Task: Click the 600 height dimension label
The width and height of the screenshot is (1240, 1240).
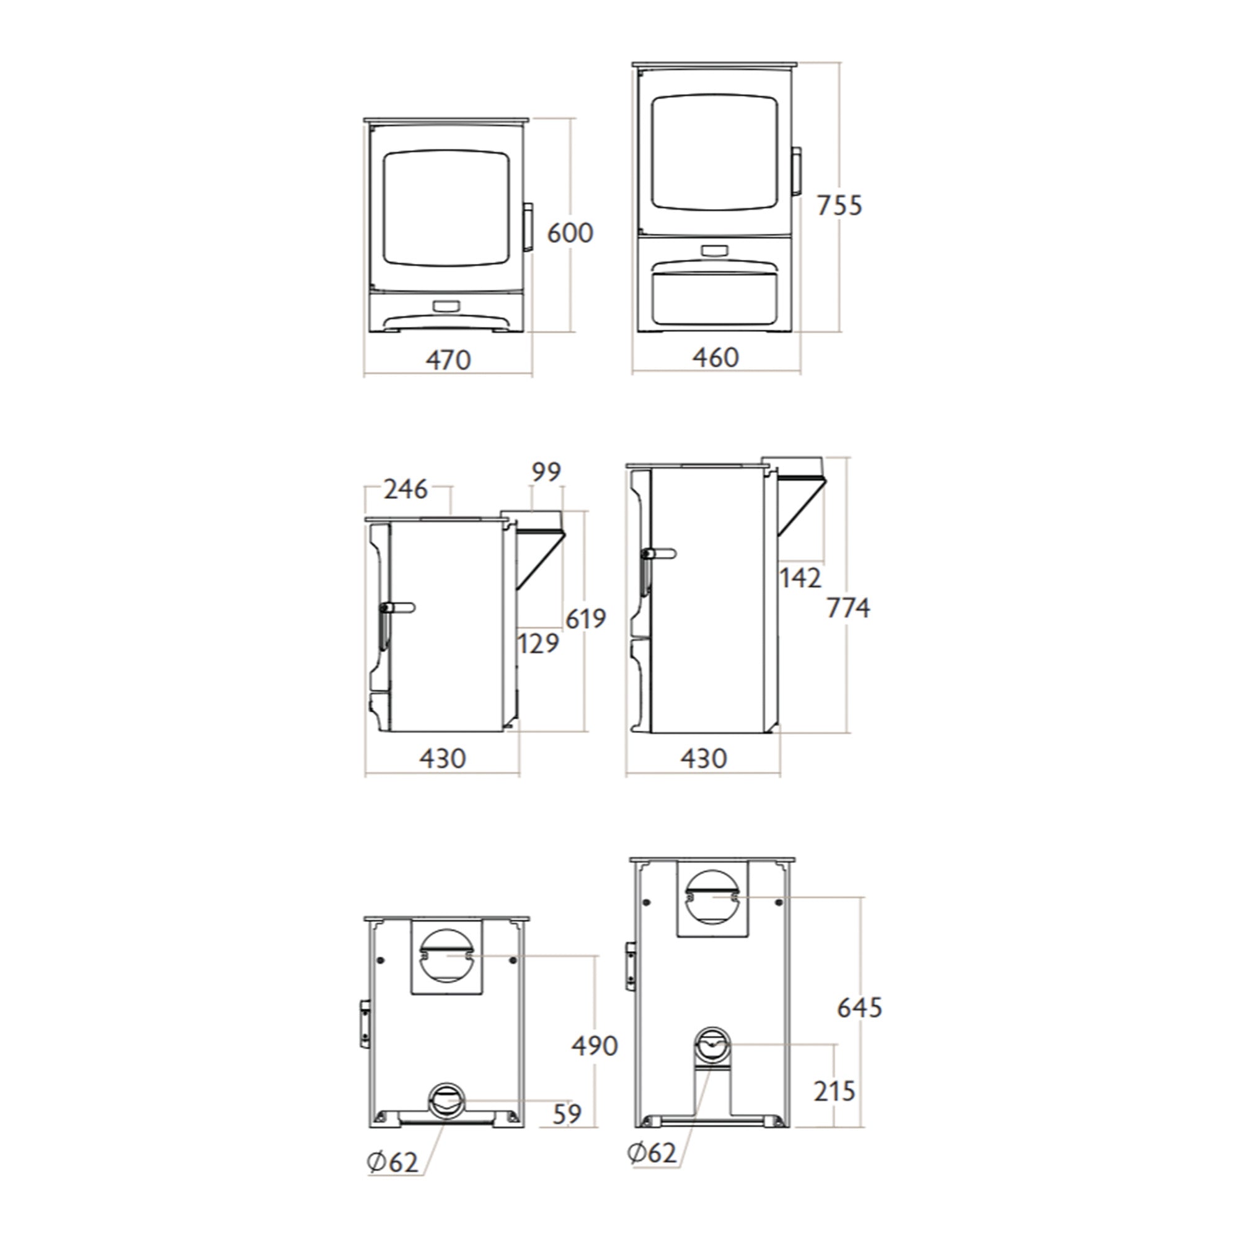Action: [570, 232]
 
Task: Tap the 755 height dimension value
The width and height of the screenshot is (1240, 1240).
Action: [839, 205]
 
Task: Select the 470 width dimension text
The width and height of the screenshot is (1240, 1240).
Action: [448, 360]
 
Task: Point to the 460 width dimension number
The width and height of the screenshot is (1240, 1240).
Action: [715, 358]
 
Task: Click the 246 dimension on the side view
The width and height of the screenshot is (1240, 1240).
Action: [405, 490]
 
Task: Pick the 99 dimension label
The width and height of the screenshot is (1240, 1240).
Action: [546, 472]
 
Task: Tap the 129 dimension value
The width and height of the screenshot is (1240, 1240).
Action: [538, 643]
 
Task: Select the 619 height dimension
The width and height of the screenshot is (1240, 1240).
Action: [585, 619]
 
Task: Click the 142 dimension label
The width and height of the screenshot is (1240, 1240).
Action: [800, 578]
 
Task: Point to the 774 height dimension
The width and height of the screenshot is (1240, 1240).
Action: [848, 608]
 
